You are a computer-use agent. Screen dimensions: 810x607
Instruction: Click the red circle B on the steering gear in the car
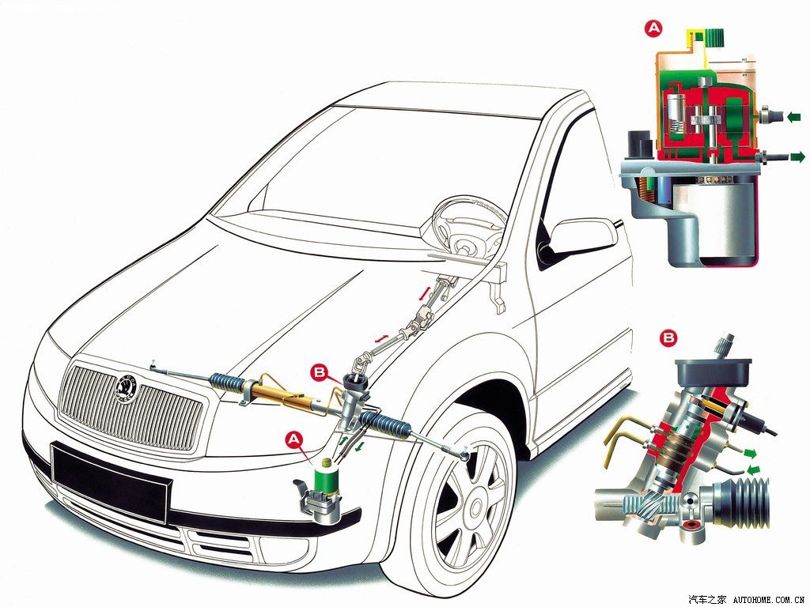[320, 372]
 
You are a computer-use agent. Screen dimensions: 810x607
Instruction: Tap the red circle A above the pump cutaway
[653, 28]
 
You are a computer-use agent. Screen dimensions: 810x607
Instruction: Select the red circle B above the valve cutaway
[668, 338]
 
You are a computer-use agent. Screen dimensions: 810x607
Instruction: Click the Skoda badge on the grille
[126, 388]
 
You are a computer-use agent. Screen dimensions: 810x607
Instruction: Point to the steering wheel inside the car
[462, 224]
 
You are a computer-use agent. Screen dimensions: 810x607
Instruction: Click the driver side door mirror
[584, 237]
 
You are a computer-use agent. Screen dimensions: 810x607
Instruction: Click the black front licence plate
[112, 481]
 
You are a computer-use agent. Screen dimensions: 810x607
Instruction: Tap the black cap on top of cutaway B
[713, 371]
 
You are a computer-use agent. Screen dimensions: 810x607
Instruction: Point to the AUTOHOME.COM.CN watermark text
[770, 600]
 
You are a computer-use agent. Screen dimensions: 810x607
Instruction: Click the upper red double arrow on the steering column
[424, 293]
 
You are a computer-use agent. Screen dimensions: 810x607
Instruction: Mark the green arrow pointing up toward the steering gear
[342, 440]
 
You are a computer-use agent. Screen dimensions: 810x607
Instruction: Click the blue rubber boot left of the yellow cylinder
[227, 383]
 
